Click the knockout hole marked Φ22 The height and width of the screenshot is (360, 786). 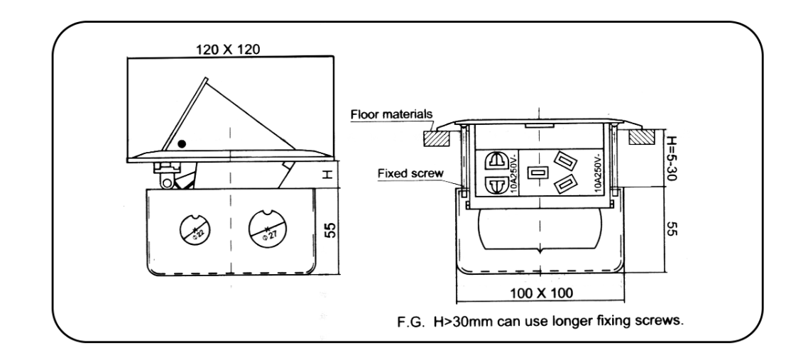(x=190, y=228)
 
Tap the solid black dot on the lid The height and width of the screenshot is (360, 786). (x=182, y=143)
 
